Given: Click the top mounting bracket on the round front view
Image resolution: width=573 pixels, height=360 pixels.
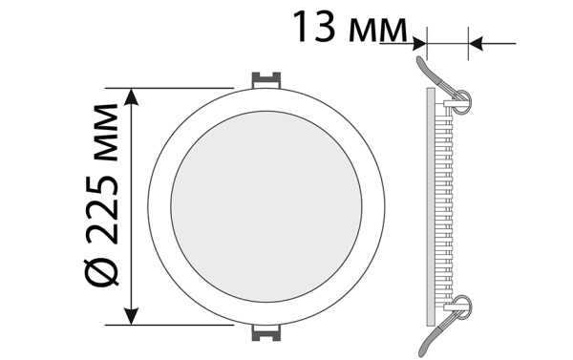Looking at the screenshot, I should pos(266,78).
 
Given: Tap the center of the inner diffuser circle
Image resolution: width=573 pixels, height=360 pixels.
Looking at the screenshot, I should pos(267,205).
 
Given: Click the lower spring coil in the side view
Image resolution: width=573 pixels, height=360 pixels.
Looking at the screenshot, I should pos(461,306).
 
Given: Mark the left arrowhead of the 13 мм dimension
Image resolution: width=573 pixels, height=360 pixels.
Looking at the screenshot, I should pos(418,42).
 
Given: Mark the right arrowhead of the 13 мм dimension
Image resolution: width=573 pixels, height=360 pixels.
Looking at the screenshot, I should pos(475,42).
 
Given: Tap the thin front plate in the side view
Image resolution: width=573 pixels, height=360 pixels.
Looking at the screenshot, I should pos(426,205).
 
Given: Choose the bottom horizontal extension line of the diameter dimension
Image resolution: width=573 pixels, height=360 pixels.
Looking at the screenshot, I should pos(181,325).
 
